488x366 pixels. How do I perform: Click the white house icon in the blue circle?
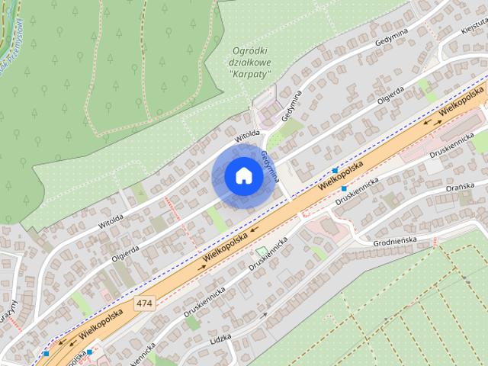click(x=242, y=175)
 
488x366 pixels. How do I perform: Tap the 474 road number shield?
click(x=144, y=303)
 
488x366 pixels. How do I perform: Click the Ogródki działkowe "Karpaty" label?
click(x=249, y=63)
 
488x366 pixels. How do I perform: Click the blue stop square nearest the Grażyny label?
click(x=47, y=353)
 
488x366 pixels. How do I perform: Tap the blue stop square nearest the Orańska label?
click(x=345, y=188)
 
